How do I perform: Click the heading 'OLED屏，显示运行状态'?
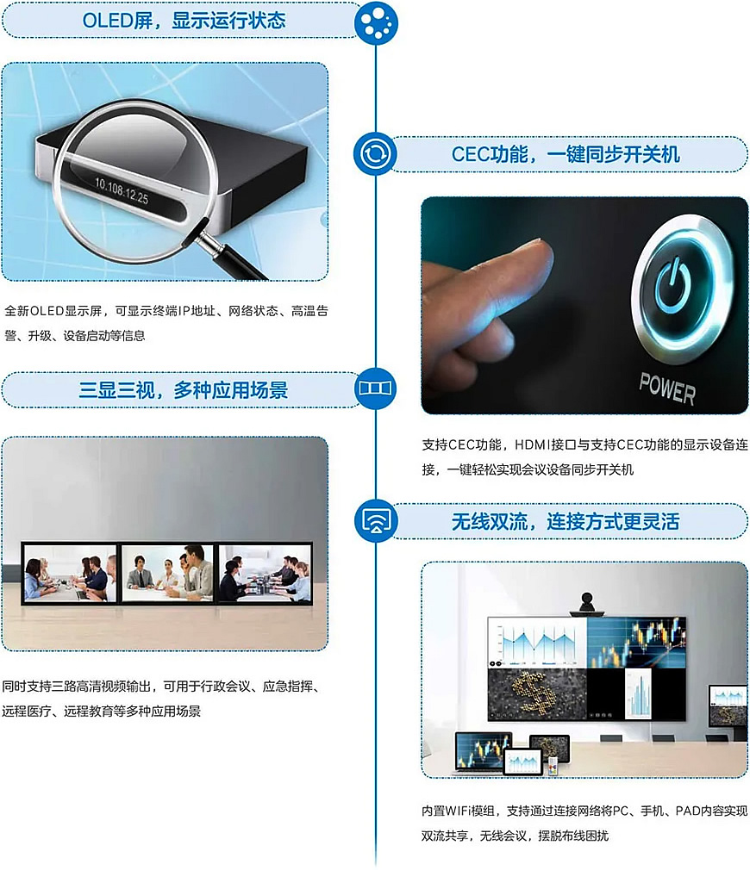point(184,21)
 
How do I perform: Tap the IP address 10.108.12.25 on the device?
point(122,190)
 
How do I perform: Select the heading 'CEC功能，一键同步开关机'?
point(566,154)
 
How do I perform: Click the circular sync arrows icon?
point(375,153)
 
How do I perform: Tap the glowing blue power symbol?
point(672,286)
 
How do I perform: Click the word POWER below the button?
point(666,388)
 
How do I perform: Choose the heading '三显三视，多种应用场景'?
point(184,390)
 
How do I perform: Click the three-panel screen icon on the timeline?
point(375,388)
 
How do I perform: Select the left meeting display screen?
point(69,573)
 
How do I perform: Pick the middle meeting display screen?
point(167,573)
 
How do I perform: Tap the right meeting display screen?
point(265,573)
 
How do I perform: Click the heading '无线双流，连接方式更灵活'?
point(566,521)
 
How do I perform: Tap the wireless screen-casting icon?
point(376,521)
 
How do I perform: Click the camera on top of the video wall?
point(587,604)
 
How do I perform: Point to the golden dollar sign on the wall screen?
point(532,691)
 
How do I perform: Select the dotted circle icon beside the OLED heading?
point(376,21)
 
